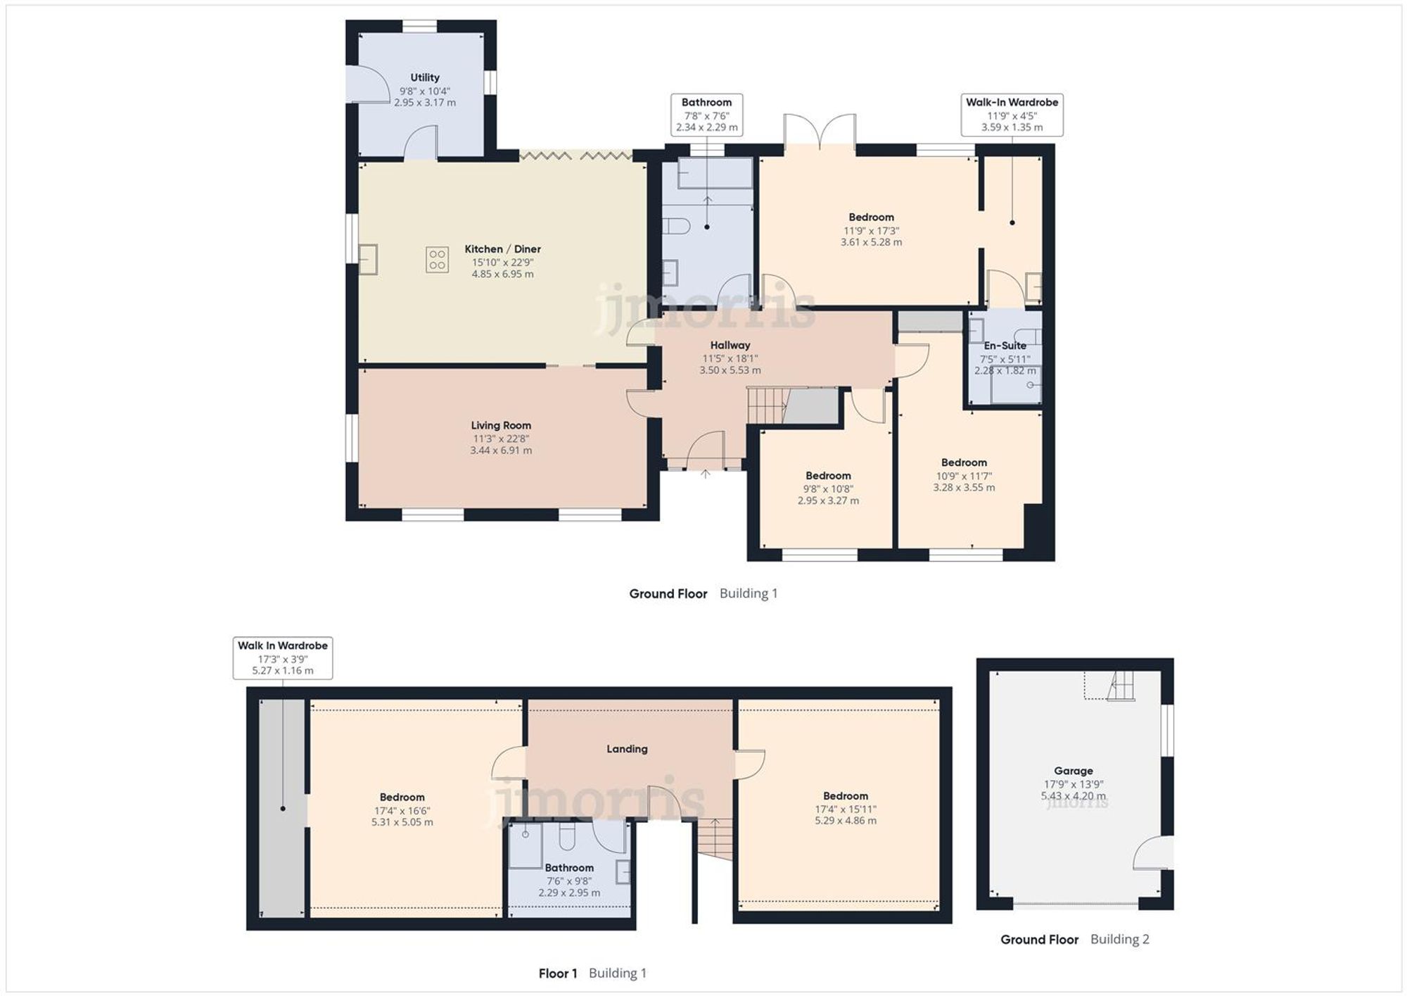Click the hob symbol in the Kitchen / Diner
point(437,259)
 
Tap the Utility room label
point(425,77)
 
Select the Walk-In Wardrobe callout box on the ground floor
point(1012,115)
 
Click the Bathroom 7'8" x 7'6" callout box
point(706,115)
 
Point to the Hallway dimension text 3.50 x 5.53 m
point(730,370)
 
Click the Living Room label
point(501,425)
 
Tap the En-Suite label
point(1005,346)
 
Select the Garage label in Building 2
point(1073,771)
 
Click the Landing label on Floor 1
point(627,749)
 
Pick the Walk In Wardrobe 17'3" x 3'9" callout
point(282,658)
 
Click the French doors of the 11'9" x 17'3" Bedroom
point(820,133)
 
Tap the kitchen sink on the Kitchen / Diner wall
point(368,258)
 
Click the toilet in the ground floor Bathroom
point(676,227)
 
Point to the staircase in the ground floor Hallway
point(766,405)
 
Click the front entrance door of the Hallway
point(706,450)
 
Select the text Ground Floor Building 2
point(1074,939)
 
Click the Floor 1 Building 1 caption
point(592,973)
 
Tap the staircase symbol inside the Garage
point(1121,686)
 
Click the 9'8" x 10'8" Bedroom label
point(828,476)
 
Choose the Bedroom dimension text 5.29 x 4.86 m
point(846,821)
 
